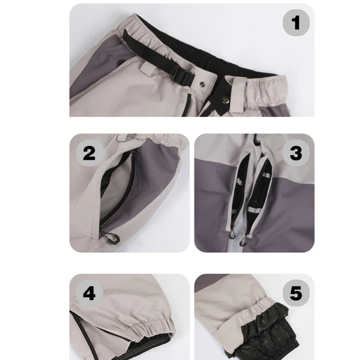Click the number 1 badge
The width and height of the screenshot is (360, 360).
296,23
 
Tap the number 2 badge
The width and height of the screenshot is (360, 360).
89,153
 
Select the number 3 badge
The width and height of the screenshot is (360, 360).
296,153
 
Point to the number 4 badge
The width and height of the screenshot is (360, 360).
89,293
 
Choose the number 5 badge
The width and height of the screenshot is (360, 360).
296,293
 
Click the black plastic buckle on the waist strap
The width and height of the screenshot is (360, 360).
182,75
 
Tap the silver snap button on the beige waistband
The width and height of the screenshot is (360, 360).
202,85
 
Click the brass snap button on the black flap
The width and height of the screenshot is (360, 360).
225,99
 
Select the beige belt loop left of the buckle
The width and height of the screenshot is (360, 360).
148,69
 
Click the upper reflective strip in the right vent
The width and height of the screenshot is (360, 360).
266,175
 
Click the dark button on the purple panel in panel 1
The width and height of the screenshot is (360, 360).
120,62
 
